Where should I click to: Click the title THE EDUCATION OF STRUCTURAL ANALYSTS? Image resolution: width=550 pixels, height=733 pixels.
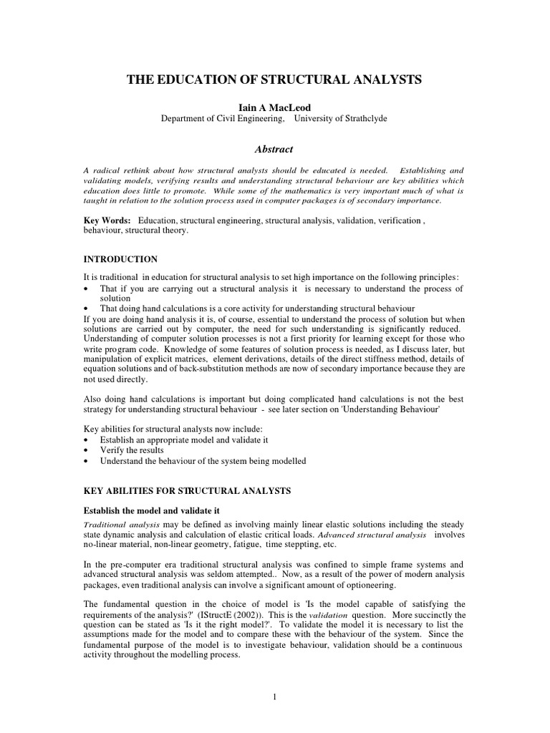click(274, 79)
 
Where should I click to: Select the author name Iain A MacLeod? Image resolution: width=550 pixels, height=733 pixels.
click(274, 105)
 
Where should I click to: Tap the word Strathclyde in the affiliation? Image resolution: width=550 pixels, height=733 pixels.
click(358, 118)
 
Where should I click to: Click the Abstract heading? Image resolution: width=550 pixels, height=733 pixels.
click(274, 149)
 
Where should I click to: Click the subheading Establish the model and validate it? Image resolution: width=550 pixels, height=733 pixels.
click(152, 510)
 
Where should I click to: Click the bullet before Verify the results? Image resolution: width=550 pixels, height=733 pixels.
click(87, 450)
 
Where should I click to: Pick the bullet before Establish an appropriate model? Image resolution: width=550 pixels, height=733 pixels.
click(87, 439)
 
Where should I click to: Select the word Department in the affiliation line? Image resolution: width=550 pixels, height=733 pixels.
click(184, 118)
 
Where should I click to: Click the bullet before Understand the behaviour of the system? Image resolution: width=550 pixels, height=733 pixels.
click(87, 462)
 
